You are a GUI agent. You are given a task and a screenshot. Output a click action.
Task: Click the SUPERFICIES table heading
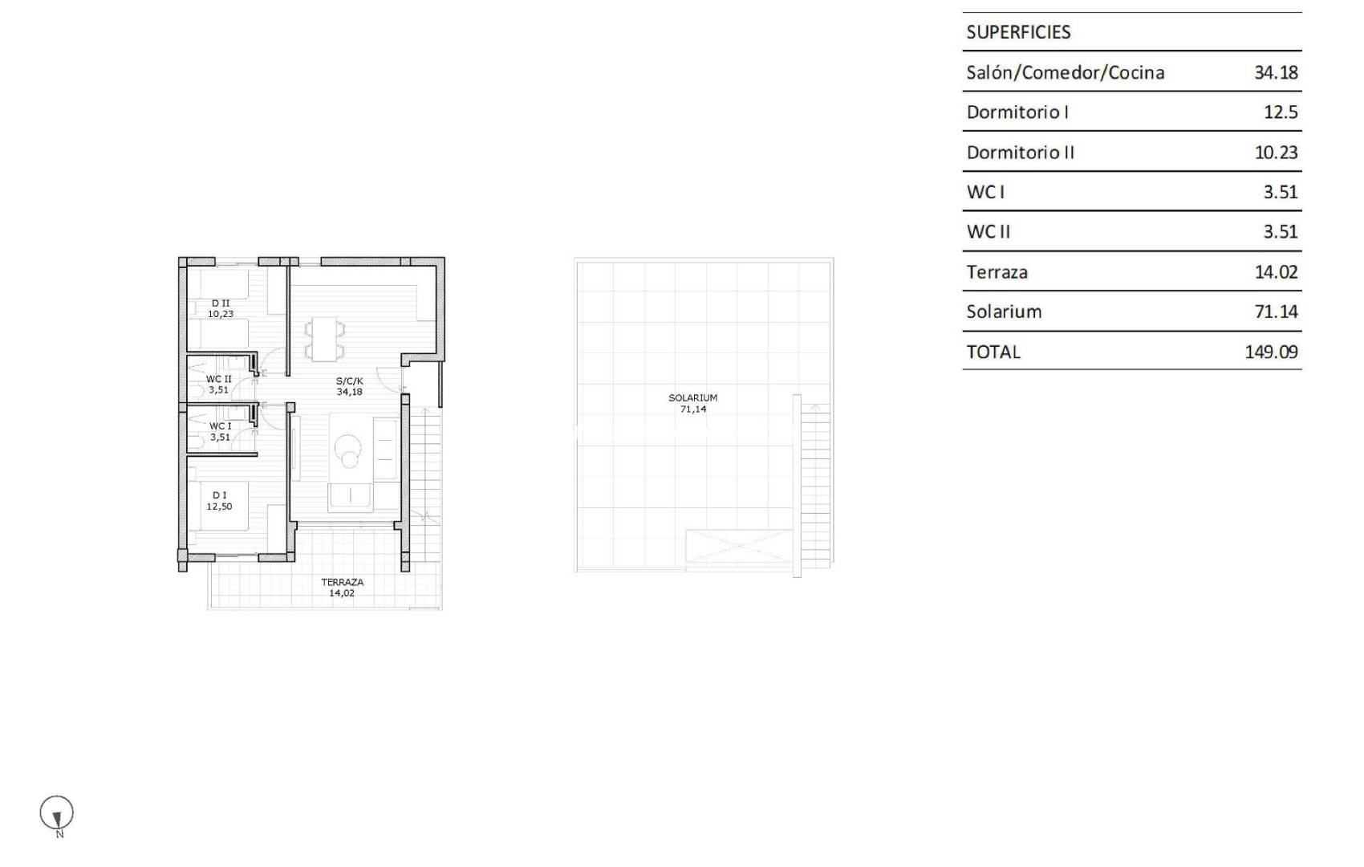tap(1018, 32)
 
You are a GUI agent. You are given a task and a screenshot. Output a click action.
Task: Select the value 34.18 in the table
tap(1276, 72)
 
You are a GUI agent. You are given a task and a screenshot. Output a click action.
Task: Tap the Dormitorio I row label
tap(1017, 112)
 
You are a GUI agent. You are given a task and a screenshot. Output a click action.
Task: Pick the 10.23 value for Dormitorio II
tap(1276, 153)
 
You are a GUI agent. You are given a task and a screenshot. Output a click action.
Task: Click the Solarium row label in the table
tap(1004, 311)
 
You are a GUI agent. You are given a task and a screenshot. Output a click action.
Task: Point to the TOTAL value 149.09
tap(1271, 352)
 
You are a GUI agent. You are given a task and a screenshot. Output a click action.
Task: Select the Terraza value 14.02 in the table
tap(1276, 272)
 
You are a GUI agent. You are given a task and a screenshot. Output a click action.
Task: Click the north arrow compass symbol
tap(57, 814)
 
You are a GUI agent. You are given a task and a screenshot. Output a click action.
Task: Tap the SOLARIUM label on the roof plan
tap(693, 398)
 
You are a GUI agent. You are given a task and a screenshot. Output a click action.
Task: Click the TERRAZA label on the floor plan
tap(342, 583)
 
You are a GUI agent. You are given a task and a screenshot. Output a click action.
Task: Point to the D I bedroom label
tap(219, 495)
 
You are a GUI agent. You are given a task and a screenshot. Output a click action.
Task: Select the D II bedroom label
tap(221, 303)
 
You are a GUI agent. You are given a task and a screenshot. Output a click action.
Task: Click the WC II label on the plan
tap(218, 379)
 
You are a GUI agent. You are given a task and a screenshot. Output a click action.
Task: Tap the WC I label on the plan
tap(220, 426)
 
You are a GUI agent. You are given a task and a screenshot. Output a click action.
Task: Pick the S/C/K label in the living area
tap(350, 381)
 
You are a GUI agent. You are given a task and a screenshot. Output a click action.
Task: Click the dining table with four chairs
tap(324, 339)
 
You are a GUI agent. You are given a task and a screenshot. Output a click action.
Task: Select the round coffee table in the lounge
tap(350, 450)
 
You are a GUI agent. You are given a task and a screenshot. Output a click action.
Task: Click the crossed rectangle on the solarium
tap(739, 550)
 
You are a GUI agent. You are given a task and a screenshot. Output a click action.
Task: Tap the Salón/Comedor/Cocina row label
tap(1065, 72)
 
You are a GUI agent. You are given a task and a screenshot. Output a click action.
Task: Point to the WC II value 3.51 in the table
tap(1280, 232)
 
